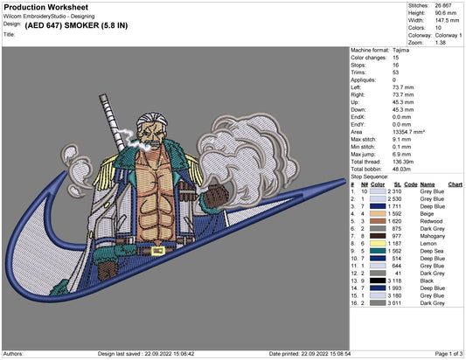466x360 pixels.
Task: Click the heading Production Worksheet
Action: coord(46,7)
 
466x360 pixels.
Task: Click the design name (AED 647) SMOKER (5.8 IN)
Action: coord(76,25)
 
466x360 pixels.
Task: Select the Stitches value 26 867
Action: coord(443,5)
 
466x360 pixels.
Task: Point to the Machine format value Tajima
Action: coord(400,50)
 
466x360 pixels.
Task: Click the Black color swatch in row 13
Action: coord(378,280)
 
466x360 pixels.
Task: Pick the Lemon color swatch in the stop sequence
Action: coord(378,244)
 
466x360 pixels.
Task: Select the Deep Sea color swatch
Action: coord(378,251)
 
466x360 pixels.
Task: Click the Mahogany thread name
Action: coord(433,236)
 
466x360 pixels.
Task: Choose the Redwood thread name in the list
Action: coord(431,221)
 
